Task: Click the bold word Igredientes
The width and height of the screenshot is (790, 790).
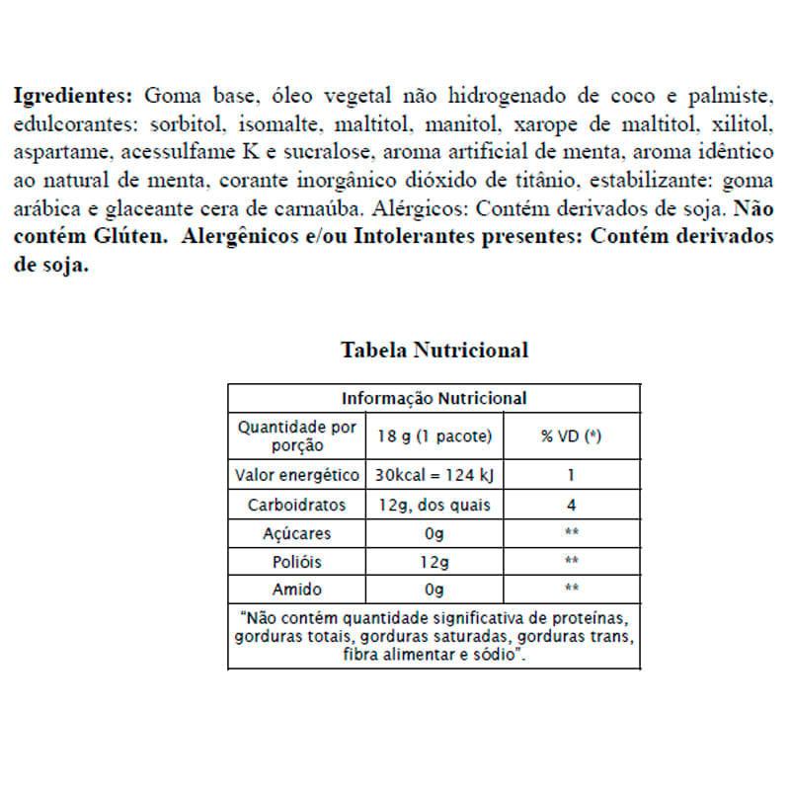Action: [71, 97]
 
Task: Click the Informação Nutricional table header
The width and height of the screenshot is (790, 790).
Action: [434, 398]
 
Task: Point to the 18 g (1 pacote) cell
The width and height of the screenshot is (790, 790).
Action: [434, 436]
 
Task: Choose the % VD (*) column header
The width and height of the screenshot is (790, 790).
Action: [572, 436]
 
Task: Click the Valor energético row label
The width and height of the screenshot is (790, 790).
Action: [297, 474]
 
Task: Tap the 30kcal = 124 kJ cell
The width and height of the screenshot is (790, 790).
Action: [434, 474]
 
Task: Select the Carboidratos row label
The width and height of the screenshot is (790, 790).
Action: [297, 504]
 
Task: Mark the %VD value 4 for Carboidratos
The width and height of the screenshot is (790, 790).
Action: [572, 504]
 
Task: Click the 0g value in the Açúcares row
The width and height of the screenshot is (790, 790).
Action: [434, 533]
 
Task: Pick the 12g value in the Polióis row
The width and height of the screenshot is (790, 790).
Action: [434, 561]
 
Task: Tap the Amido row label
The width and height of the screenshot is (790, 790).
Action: [297, 590]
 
